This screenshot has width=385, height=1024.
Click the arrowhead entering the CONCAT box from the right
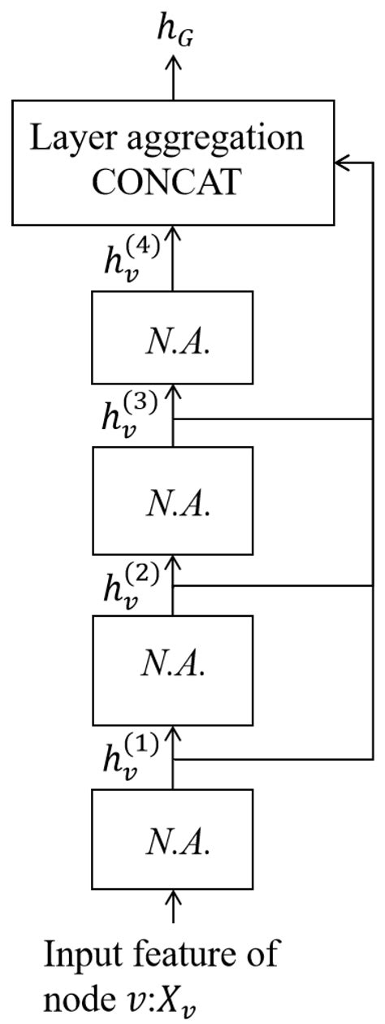point(342,163)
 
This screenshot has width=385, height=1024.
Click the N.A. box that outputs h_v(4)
point(172,336)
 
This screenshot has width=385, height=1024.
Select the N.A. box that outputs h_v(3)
point(172,501)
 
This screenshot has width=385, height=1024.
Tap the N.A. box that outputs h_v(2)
point(172,670)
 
